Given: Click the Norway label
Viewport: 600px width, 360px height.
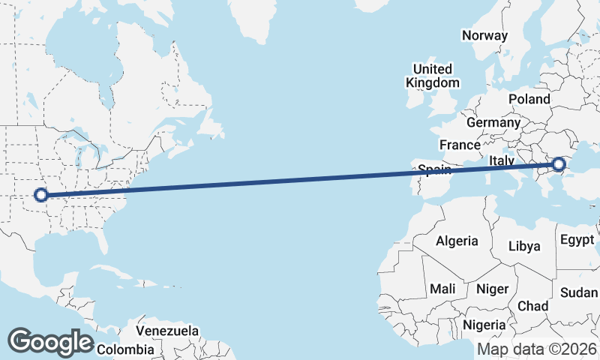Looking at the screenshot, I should tap(484, 35).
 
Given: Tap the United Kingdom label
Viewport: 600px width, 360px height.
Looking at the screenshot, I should tap(433, 75).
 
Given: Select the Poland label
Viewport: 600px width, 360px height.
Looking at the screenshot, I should tap(529, 99).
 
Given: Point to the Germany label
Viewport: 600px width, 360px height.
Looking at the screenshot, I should tap(493, 122).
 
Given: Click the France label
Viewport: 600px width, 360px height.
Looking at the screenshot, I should tap(460, 145).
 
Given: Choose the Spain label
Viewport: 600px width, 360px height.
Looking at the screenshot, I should tap(434, 169).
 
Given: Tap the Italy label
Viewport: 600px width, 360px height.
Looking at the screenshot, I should tap(502, 160).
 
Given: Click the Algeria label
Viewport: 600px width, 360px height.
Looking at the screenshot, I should tap(457, 241).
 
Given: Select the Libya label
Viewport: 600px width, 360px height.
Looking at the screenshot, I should tap(523, 246).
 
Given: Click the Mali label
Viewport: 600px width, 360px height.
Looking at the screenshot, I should tap(442, 289).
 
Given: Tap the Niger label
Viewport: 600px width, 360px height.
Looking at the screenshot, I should tap(493, 289).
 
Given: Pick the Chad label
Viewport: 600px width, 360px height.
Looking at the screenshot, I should tap(532, 306).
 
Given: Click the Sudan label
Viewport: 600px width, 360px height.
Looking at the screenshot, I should tap(578, 292).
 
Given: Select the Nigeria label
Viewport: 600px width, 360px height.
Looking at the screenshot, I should tap(484, 325).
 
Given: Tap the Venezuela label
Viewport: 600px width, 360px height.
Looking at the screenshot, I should tap(167, 330).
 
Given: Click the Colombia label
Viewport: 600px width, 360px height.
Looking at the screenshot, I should tap(125, 349).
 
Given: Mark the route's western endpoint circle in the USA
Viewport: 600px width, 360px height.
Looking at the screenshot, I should tap(41, 195).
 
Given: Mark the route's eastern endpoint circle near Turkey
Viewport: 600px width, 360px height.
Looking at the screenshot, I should tap(559, 164).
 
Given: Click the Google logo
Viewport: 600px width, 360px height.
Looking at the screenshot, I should tap(50, 342).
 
